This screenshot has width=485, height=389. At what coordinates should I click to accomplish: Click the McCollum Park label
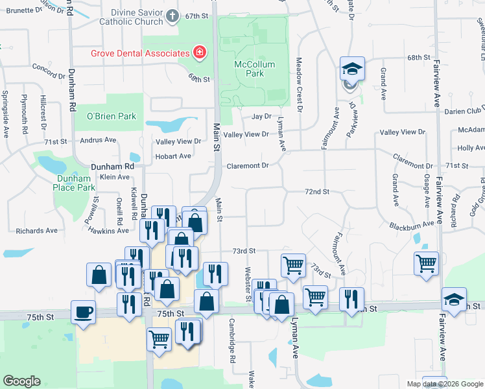[255, 69]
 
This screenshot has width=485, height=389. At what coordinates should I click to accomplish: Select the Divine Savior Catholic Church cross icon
[172, 16]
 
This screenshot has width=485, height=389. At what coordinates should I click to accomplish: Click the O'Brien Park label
[112, 116]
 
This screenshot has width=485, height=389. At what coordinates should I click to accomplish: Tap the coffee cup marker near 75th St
[84, 312]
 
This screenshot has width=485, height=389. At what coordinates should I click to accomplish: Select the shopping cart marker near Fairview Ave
[426, 263]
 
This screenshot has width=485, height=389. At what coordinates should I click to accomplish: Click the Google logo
[22, 381]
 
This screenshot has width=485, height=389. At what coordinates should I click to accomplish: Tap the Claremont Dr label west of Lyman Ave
[247, 166]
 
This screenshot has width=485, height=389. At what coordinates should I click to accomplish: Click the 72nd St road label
[318, 192]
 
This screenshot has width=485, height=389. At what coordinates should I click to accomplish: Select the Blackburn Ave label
[411, 224]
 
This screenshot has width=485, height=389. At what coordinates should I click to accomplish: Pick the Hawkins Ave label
[108, 231]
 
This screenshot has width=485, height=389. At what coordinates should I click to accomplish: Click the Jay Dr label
[261, 117]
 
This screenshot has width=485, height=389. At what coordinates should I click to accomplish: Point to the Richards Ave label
[37, 231]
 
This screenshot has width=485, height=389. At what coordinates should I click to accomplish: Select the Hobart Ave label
[172, 156]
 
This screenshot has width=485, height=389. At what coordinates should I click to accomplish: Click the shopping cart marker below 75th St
[159, 338]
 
